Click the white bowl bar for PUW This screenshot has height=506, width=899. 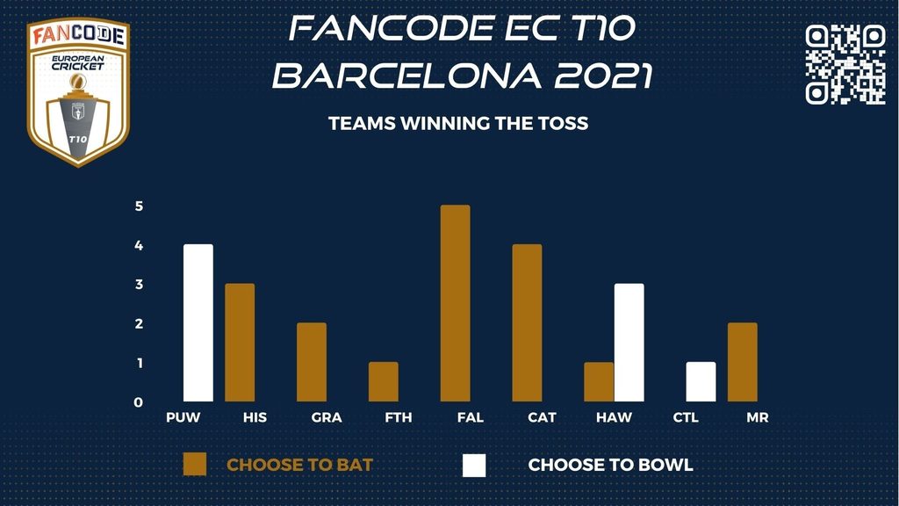(198, 323)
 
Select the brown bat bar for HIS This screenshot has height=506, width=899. (240, 343)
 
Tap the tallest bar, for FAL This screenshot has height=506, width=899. (456, 303)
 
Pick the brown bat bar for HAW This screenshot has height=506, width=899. (599, 381)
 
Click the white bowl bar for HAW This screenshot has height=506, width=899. (629, 343)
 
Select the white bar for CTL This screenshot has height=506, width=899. (701, 381)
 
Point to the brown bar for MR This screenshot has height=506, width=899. (743, 362)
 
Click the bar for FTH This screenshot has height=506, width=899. (384, 381)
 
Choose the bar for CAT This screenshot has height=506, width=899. (527, 323)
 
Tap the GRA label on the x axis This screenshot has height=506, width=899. (327, 417)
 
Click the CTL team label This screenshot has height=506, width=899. (686, 417)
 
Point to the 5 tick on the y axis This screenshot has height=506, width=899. (139, 206)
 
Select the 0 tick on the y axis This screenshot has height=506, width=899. (138, 402)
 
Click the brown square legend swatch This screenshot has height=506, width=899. (194, 465)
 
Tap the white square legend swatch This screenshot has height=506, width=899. (474, 466)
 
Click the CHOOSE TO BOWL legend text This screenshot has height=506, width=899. (611, 465)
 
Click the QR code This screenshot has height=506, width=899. (845, 63)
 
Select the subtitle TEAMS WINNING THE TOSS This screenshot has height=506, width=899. (458, 123)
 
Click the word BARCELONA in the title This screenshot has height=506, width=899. (407, 76)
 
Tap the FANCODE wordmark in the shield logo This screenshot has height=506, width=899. (78, 35)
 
